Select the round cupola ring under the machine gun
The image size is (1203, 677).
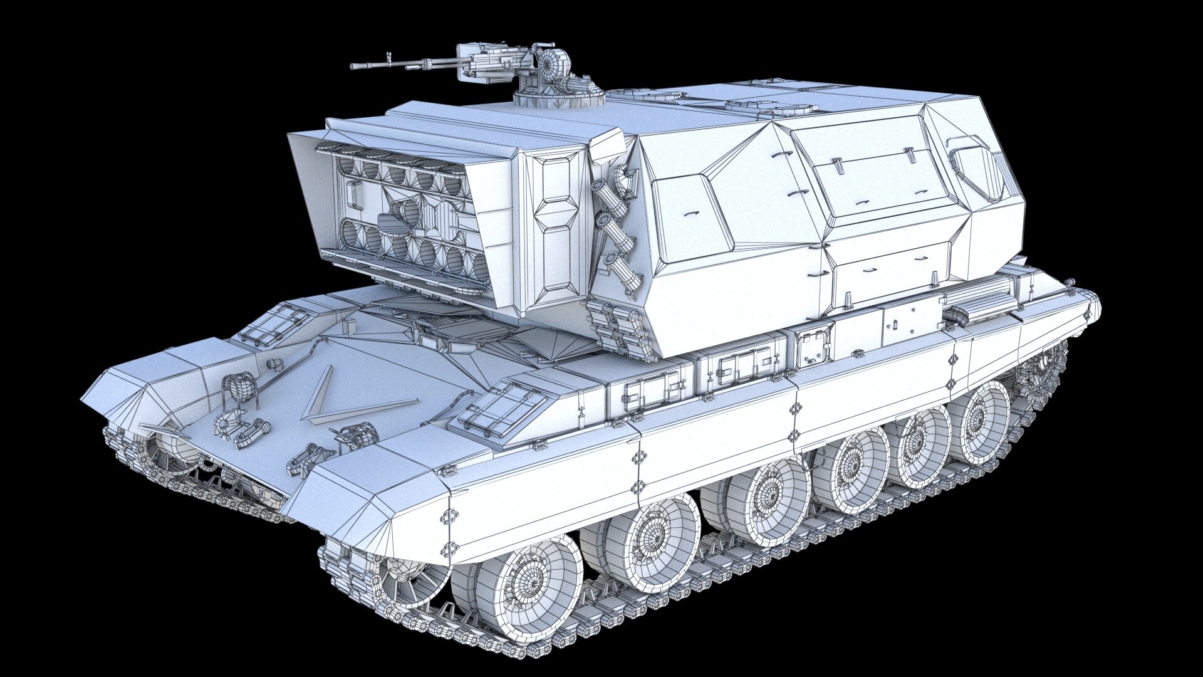(560, 96)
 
